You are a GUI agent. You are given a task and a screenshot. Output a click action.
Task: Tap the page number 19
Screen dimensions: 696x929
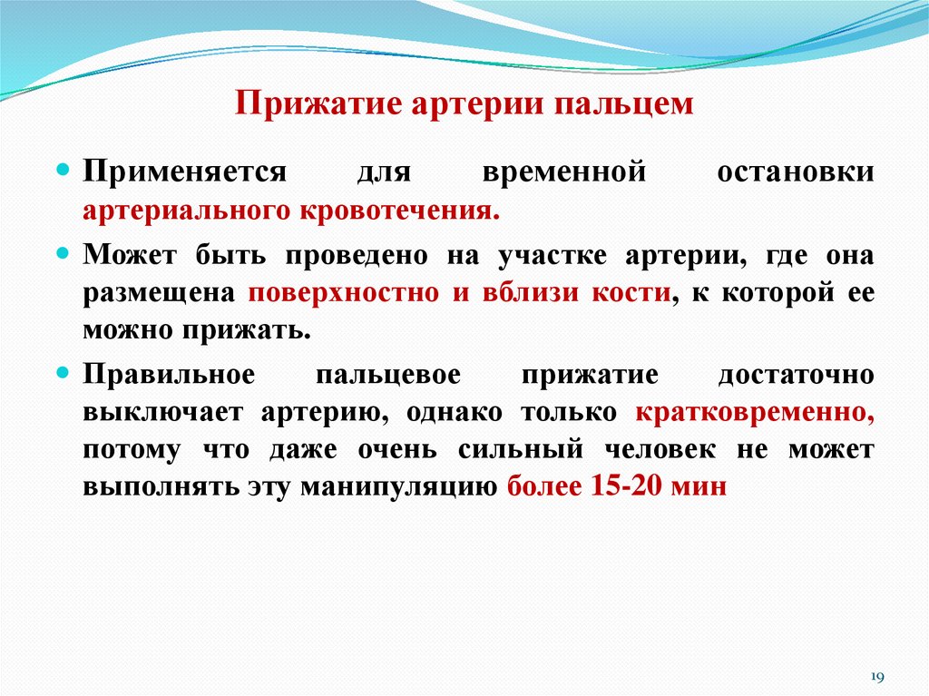click(877, 676)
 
